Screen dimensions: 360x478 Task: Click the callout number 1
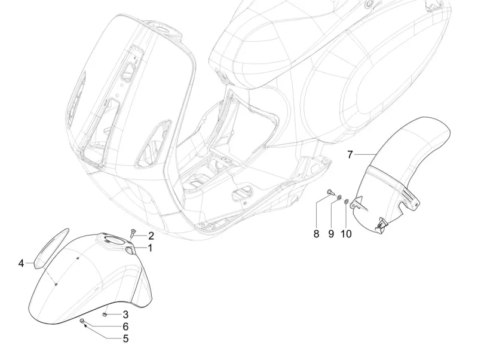151,248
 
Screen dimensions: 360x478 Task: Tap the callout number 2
151,236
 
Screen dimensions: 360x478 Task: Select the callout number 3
125,315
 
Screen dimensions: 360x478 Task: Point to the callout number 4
21,263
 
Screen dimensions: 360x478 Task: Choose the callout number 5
125,338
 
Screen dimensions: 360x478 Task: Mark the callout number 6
125,327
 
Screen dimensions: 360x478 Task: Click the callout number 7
351,154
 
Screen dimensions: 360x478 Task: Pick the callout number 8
317,234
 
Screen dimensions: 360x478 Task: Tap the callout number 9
330,234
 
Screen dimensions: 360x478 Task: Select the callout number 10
347,234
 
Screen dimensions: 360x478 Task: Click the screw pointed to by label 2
134,231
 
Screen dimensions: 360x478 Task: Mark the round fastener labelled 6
81,322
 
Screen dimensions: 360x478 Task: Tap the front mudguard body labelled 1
90,275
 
